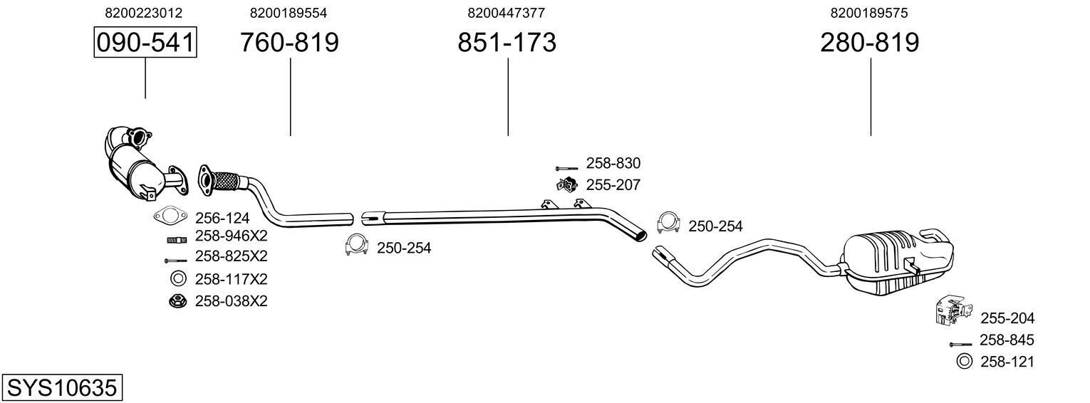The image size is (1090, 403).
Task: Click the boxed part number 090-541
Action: pyautogui.click(x=145, y=43)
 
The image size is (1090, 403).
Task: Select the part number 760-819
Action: pyautogui.click(x=289, y=43)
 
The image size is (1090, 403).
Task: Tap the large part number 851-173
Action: pyautogui.click(x=507, y=43)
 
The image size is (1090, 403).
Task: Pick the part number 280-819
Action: pyautogui.click(x=870, y=43)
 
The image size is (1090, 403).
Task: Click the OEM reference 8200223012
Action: pyautogui.click(x=143, y=13)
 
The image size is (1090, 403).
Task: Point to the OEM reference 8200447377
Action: pyautogui.click(x=507, y=13)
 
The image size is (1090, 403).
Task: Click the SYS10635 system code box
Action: pyautogui.click(x=61, y=388)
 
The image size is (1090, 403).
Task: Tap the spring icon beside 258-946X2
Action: pyautogui.click(x=176, y=239)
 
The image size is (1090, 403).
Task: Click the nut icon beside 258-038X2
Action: pyautogui.click(x=177, y=301)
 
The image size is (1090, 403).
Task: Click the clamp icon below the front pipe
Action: pyautogui.click(x=355, y=244)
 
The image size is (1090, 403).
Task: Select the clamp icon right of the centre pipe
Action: pyautogui.click(x=668, y=222)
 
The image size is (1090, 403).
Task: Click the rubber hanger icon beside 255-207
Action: pyautogui.click(x=566, y=185)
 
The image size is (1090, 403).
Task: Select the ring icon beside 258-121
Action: pyautogui.click(x=964, y=362)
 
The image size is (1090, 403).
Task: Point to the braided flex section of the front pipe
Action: pyautogui.click(x=227, y=181)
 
